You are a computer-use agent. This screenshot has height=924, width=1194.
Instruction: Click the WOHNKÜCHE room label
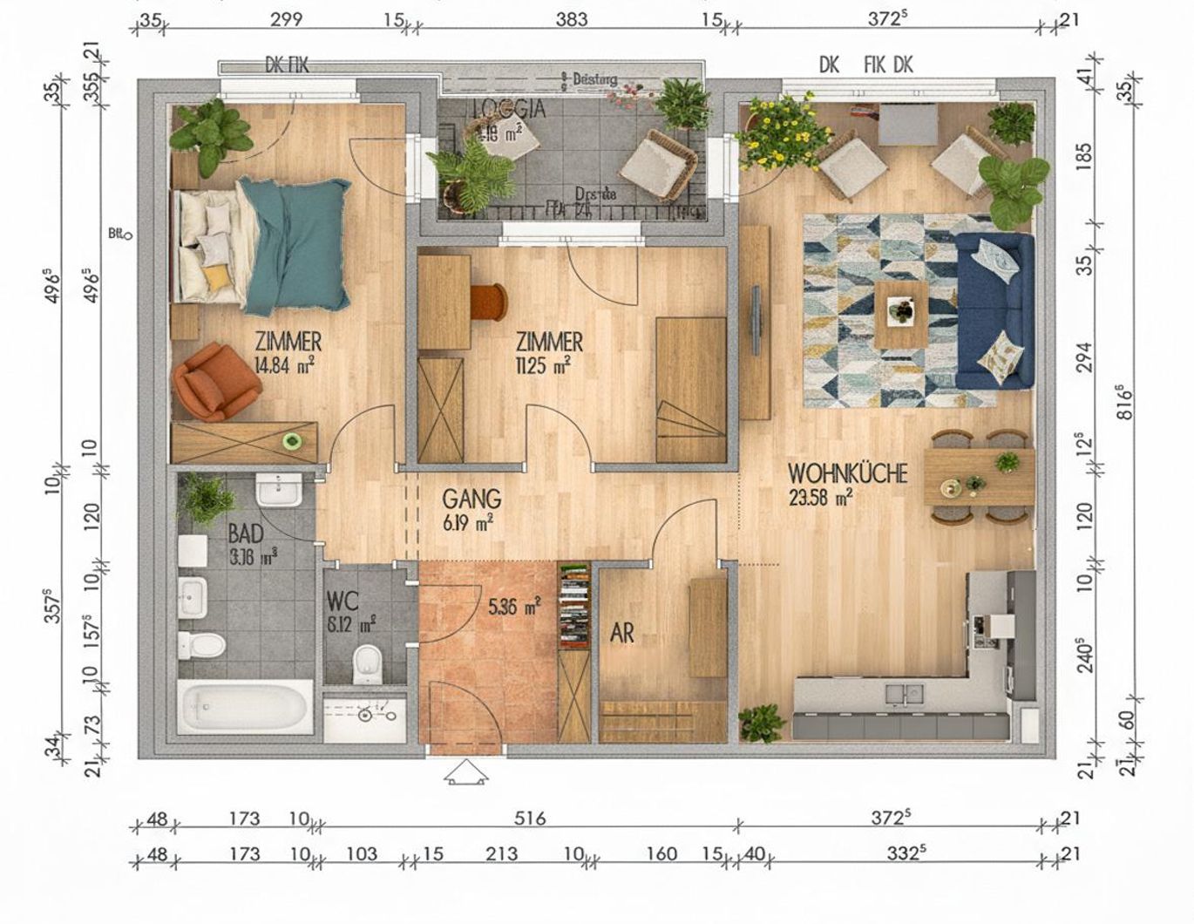pyautogui.click(x=847, y=473)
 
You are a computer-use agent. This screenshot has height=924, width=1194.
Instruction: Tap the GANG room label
pyautogui.click(x=471, y=499)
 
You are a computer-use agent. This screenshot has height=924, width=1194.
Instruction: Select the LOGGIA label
pyautogui.click(x=509, y=109)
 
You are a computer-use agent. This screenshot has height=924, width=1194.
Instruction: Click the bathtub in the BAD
pyautogui.click(x=245, y=707)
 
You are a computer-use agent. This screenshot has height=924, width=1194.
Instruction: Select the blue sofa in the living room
pyautogui.click(x=994, y=309)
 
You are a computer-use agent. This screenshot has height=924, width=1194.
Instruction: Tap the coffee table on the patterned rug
pyautogui.click(x=901, y=313)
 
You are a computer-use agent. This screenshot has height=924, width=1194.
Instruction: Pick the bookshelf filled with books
pyautogui.click(x=573, y=606)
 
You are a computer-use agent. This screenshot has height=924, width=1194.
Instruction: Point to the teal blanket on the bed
pyautogui.click(x=296, y=244)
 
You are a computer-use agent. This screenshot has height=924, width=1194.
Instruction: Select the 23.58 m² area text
pyautogui.click(x=819, y=498)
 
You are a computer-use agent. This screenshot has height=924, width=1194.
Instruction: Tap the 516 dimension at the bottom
pyautogui.click(x=529, y=819)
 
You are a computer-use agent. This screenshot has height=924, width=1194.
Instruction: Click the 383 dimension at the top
pyautogui.click(x=572, y=19)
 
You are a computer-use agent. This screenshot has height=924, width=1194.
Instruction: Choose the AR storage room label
pyautogui.click(x=621, y=633)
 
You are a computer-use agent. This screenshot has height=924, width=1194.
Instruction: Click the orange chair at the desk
pyautogui.click(x=488, y=302)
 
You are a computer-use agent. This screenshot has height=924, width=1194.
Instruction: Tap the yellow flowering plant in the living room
pyautogui.click(x=782, y=131)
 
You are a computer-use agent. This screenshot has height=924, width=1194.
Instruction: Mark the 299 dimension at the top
pyautogui.click(x=286, y=19)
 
